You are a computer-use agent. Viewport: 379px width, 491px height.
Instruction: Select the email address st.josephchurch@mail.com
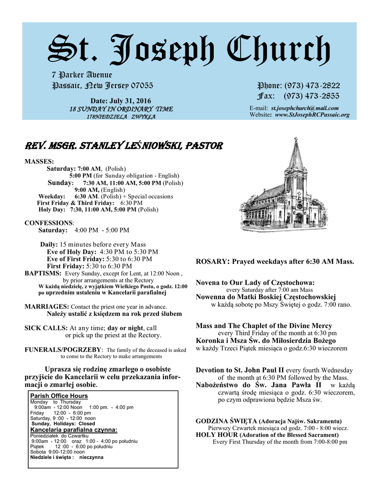(304, 108)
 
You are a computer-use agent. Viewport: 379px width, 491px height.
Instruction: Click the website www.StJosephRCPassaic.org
(312, 115)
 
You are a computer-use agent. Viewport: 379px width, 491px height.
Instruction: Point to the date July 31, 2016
(131, 101)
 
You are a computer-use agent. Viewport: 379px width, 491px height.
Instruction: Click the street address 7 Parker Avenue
(82, 75)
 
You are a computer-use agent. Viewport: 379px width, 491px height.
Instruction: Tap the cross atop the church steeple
(296, 140)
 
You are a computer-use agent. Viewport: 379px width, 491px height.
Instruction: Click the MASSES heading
(39, 162)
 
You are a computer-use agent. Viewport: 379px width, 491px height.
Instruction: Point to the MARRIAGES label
(46, 306)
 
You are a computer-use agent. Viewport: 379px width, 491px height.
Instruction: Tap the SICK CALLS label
(46, 328)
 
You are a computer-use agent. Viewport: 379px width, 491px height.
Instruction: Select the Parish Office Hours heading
(59, 396)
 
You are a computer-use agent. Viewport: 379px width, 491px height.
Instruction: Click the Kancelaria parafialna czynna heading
(74, 430)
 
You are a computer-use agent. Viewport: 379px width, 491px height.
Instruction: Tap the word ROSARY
(211, 262)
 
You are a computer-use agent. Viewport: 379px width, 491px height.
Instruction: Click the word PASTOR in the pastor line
(203, 145)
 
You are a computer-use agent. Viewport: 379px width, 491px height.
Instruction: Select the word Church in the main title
(277, 50)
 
